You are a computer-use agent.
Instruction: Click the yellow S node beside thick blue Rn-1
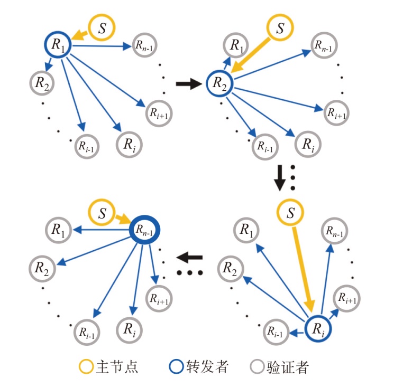(102, 214)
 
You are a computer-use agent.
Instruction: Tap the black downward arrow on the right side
(279, 179)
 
